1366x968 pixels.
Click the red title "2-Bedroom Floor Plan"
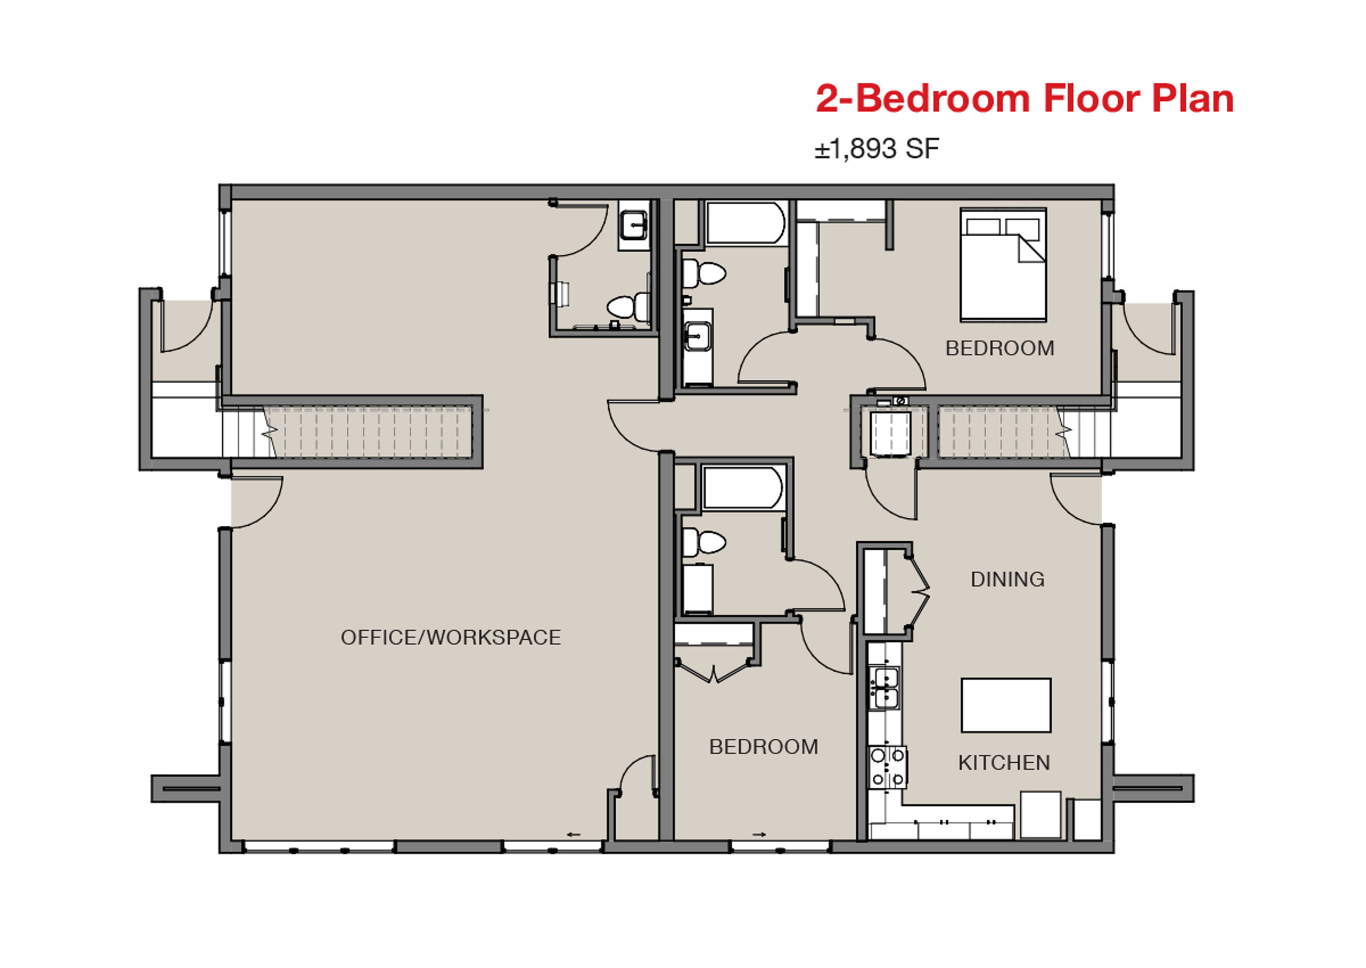tap(1024, 98)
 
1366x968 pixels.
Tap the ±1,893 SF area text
tap(877, 149)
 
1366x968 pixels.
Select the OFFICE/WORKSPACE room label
tap(450, 638)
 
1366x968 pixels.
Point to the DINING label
tap(1008, 579)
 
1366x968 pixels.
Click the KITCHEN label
tap(1004, 763)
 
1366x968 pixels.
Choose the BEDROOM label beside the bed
tap(1000, 348)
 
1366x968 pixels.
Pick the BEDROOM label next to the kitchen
tap(763, 747)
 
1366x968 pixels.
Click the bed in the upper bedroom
tap(1003, 265)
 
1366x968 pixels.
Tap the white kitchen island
tap(1006, 705)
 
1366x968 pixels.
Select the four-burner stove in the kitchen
tap(888, 767)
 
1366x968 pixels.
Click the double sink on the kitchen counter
tap(886, 688)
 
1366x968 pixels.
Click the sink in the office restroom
tap(634, 226)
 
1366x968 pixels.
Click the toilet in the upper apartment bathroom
tap(703, 273)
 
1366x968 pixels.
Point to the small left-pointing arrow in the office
tap(573, 834)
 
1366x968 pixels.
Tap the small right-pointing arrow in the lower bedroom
tap(759, 834)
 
